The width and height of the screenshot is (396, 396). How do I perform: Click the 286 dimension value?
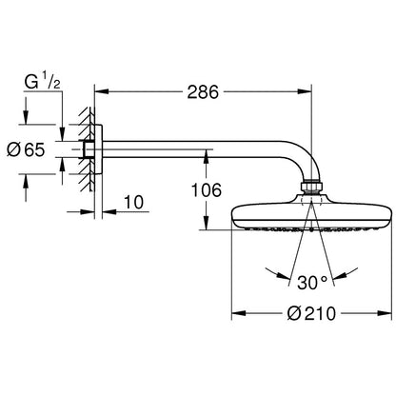tap(202, 92)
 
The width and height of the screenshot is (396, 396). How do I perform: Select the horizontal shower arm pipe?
tap(190, 150)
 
